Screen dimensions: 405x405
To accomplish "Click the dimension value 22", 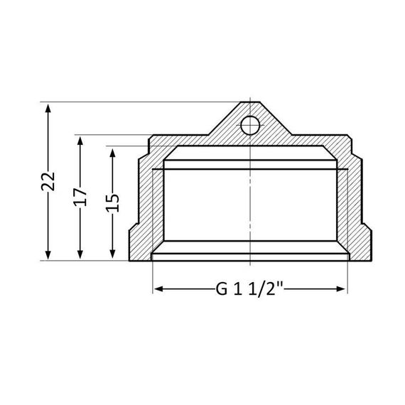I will click(x=48, y=181).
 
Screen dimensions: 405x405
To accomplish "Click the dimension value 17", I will click(x=80, y=196).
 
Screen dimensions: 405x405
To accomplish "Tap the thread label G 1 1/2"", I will click(x=250, y=289).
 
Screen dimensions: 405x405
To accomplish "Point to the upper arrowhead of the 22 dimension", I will click(x=48, y=107).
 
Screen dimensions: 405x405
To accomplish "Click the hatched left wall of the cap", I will click(x=145, y=206).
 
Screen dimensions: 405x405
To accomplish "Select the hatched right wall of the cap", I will click(x=355, y=206).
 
